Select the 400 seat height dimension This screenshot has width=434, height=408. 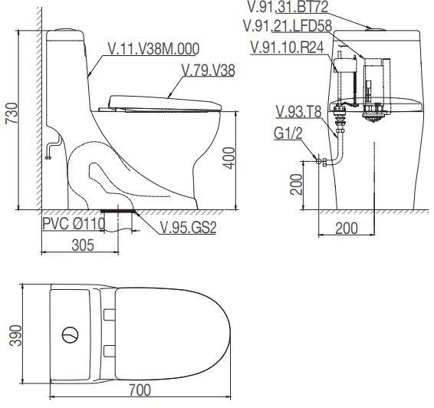227,159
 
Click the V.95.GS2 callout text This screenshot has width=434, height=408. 187,227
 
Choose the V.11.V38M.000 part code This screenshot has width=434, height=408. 153,48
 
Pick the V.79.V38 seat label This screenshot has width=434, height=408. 208,71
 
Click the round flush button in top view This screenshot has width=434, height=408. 69,334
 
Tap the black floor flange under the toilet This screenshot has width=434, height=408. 118,208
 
